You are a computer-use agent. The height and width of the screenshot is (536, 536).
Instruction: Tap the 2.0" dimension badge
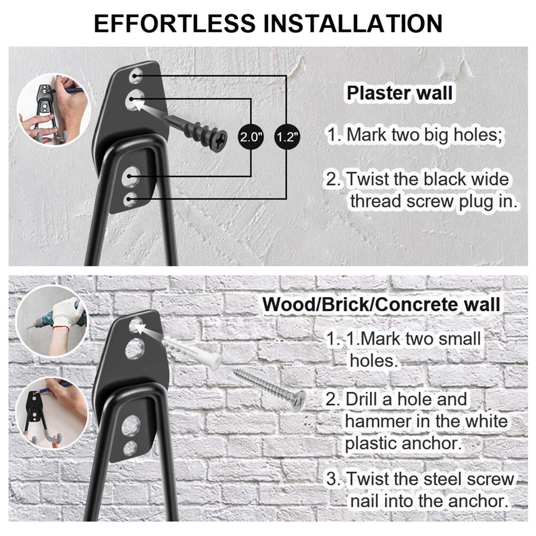click(251, 137)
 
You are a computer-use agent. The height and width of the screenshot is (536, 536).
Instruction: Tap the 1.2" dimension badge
click(287, 137)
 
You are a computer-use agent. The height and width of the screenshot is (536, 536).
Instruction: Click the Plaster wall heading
click(399, 93)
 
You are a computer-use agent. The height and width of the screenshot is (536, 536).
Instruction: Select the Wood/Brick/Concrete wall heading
click(381, 304)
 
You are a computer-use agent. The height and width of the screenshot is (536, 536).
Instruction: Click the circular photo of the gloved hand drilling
click(52, 321)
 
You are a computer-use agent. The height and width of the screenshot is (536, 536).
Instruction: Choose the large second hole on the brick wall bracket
click(135, 349)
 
